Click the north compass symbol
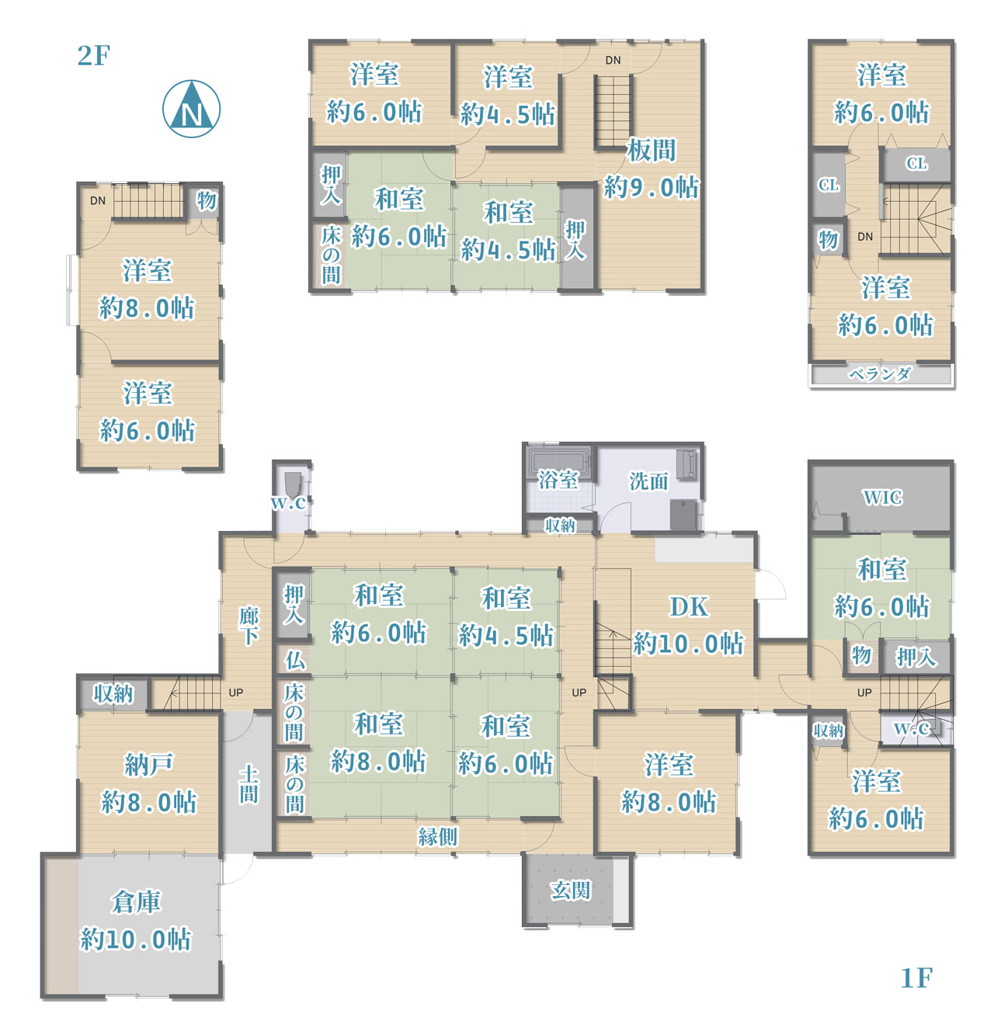point(191,109)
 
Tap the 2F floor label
point(93,55)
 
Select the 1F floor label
point(916,978)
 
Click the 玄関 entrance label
point(570,890)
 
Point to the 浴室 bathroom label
point(558,480)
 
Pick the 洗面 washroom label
point(648,481)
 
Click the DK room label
point(688,607)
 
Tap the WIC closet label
point(882,497)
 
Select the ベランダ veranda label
point(880,374)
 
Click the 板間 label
point(651,150)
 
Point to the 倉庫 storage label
point(136,901)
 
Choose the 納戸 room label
point(148,764)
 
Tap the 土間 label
point(248,784)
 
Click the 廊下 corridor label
point(249,626)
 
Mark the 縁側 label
point(437,836)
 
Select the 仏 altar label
point(294,660)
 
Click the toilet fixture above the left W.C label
point(292,481)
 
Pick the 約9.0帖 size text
point(651,187)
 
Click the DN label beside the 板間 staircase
point(613,61)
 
